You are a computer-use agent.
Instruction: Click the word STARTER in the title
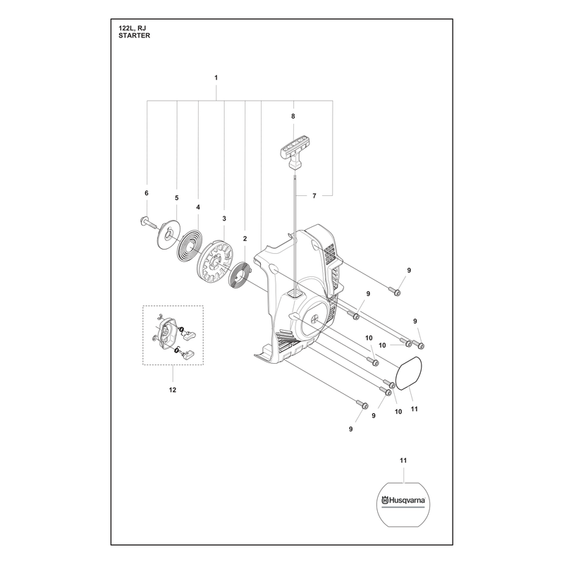(134, 36)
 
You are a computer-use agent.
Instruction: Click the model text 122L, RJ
(132, 28)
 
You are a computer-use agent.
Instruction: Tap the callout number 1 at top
(216, 78)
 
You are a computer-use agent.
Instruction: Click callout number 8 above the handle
(293, 116)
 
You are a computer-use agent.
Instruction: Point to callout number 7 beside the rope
(314, 196)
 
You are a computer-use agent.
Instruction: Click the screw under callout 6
(147, 222)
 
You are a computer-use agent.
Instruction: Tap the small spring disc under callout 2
(240, 278)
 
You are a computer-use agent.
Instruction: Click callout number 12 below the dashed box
(173, 390)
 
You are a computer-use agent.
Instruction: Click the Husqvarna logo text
(403, 500)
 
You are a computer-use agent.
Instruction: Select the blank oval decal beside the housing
(409, 373)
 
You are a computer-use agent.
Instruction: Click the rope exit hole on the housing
(295, 295)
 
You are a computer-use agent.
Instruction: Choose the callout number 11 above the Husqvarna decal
(403, 460)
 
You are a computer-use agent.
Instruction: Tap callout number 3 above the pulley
(224, 219)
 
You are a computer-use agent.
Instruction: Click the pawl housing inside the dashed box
(166, 332)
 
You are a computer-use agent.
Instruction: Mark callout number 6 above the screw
(147, 193)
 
